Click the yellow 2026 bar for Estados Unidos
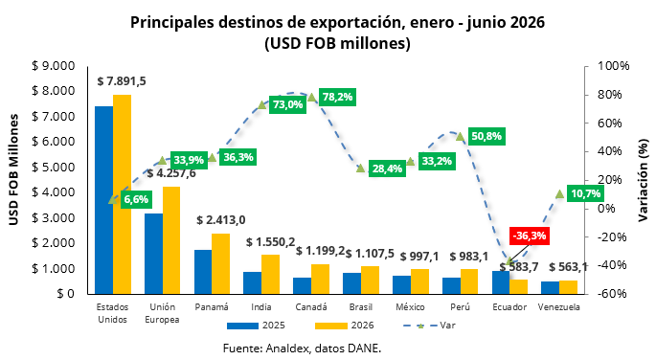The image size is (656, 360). (123, 194)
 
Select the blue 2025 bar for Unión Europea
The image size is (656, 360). (153, 254)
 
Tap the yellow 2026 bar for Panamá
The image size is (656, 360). (221, 263)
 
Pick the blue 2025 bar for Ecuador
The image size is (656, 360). (501, 282)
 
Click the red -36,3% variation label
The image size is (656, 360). (530, 236)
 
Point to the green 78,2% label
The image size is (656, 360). (337, 97)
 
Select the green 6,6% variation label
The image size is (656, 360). (136, 199)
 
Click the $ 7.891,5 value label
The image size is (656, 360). (122, 81)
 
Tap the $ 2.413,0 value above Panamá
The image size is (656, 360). (221, 220)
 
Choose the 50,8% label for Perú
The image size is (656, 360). (486, 136)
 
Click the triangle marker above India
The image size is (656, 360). (261, 104)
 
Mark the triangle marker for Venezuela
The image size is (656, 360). (560, 193)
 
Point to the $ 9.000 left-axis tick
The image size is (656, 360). (53, 66)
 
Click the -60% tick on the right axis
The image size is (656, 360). (613, 294)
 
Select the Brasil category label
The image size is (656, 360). (361, 307)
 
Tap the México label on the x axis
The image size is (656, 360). (411, 307)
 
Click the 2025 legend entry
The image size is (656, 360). (256, 326)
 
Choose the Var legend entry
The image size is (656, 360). (430, 326)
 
